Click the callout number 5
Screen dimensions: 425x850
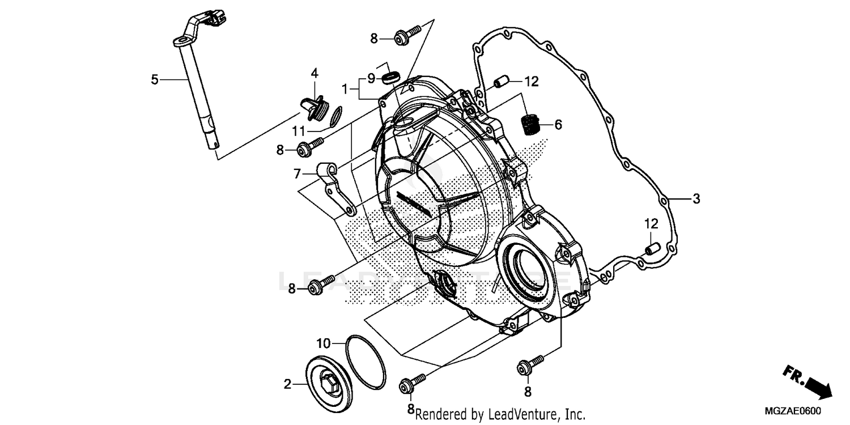(155, 80)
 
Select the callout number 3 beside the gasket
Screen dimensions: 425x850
(696, 199)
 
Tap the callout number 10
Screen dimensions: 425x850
(323, 343)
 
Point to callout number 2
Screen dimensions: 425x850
(288, 385)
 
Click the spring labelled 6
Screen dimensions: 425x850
(530, 124)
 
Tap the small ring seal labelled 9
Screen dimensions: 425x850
(391, 76)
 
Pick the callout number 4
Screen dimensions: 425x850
(314, 73)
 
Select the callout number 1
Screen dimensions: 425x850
(345, 89)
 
